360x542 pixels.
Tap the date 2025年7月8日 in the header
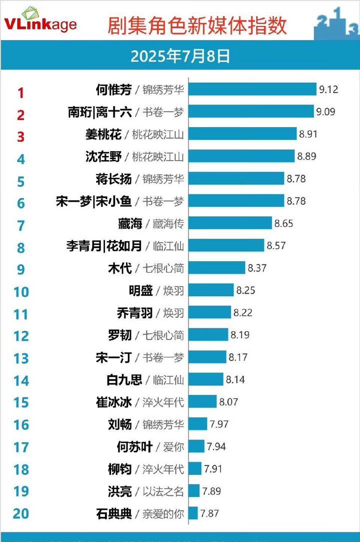click(x=180, y=56)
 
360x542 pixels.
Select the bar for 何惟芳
click(x=252, y=90)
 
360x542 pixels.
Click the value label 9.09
click(x=325, y=112)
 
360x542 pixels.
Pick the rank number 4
click(x=20, y=159)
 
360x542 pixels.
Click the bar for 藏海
click(x=230, y=223)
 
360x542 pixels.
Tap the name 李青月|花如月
click(x=104, y=246)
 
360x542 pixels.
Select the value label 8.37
click(x=257, y=268)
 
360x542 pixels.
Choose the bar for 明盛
click(x=211, y=290)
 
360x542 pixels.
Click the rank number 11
click(x=20, y=314)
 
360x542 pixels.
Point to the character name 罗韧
click(x=119, y=335)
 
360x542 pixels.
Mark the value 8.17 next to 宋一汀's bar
click(x=238, y=357)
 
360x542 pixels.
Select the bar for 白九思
click(x=206, y=379)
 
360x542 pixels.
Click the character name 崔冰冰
click(x=114, y=402)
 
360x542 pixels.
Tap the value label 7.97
click(x=219, y=424)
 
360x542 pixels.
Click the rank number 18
click(x=20, y=469)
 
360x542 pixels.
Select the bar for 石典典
click(x=194, y=513)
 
